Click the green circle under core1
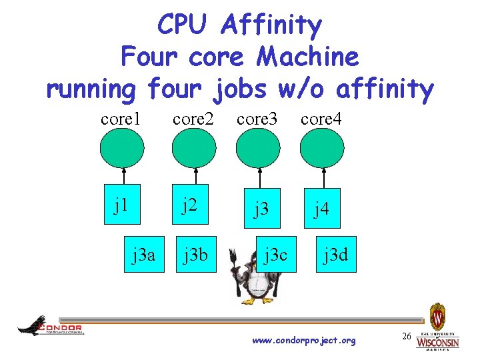click(x=121, y=148)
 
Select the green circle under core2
click(x=193, y=148)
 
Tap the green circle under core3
click(x=257, y=148)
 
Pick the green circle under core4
click(x=322, y=148)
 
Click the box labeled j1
click(x=121, y=204)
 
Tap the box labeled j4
click(x=322, y=209)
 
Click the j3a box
click(x=144, y=254)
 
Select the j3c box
click(x=276, y=254)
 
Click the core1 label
click(x=121, y=119)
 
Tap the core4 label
click(x=321, y=119)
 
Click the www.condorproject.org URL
click(x=304, y=341)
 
